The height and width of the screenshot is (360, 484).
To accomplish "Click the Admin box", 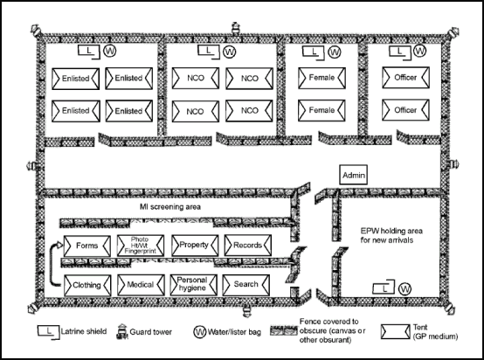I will coord(353,174).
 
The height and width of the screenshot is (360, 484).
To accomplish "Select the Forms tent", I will coord(86,246).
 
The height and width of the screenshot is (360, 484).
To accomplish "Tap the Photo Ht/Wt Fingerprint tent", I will coord(140,246).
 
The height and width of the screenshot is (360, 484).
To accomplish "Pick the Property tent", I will coord(194,246).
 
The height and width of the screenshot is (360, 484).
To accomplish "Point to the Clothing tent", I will coord(86,283).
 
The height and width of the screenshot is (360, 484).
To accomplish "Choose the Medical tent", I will coord(140,283).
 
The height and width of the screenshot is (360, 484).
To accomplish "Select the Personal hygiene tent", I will coord(194,283).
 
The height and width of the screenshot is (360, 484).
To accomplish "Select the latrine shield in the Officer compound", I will coord(398,53).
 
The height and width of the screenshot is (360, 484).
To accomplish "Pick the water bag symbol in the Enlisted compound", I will coord(110,52).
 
